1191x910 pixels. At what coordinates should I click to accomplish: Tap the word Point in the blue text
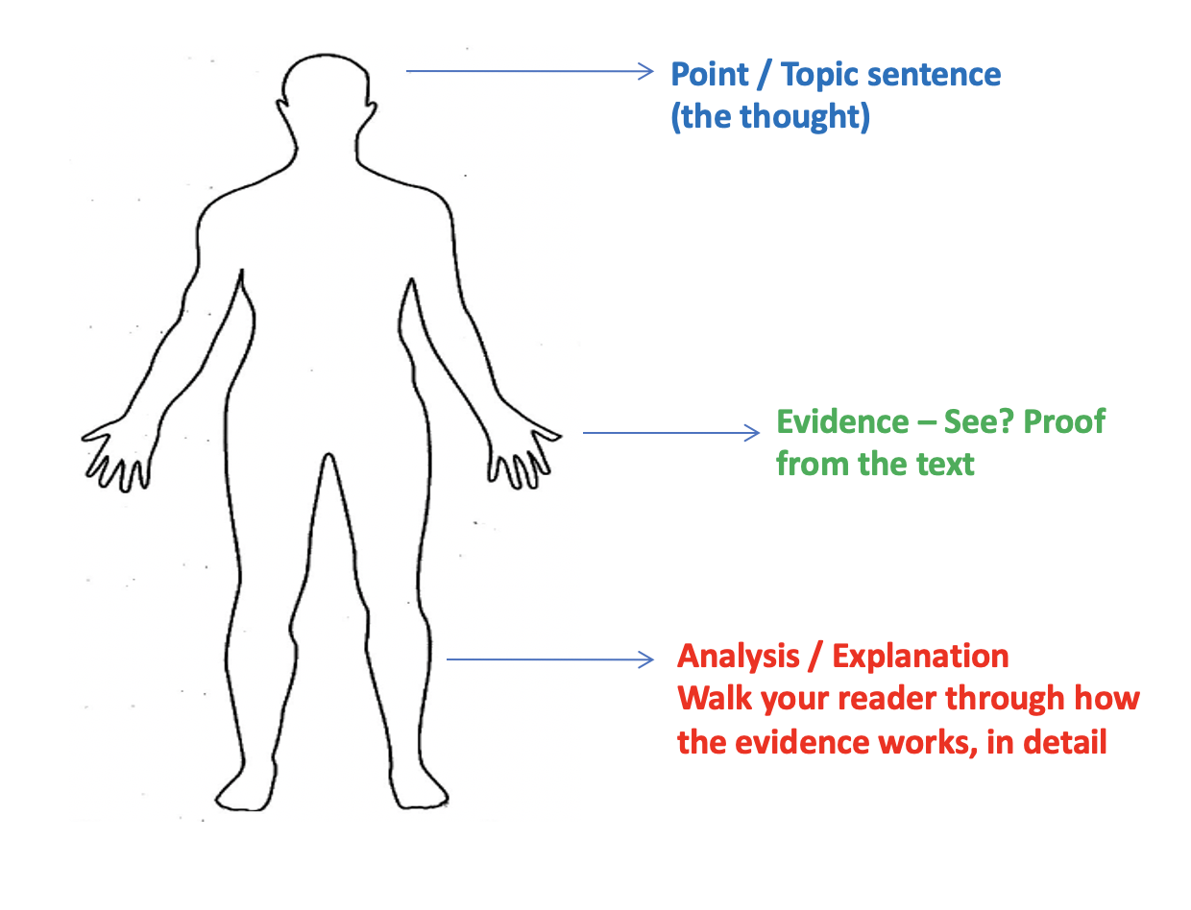coord(709,74)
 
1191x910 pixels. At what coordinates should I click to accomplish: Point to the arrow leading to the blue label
coord(528,71)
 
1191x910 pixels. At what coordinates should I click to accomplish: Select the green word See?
coord(977,422)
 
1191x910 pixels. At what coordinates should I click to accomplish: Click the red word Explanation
coord(920,657)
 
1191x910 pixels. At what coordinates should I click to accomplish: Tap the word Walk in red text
coord(715,699)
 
